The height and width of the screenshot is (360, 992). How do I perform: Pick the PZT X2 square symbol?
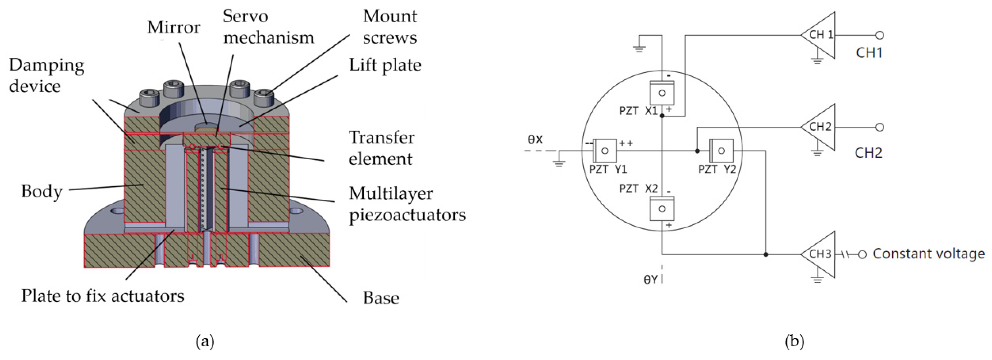pos(661,209)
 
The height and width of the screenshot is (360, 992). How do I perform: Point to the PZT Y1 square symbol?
pos(605,150)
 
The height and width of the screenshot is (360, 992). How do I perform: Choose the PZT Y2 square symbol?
pos(721,150)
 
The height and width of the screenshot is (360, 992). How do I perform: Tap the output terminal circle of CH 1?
pos(880,35)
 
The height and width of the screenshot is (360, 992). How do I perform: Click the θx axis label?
pos(535,139)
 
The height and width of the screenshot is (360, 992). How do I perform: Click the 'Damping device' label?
pos(46,75)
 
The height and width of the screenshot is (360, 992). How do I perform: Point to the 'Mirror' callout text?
pos(174,27)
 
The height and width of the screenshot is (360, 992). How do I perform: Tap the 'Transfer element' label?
pos(381,148)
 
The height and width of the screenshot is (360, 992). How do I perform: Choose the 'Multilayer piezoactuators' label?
pos(407,204)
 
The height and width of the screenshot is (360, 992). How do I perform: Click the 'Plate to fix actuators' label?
pos(103,296)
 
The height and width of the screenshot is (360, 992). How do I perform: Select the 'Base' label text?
pos(381,298)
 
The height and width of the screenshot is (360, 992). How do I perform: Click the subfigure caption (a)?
pos(205,341)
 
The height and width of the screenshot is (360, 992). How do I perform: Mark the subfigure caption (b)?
pos(795,341)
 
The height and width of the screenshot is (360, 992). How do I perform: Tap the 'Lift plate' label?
pos(385,65)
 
